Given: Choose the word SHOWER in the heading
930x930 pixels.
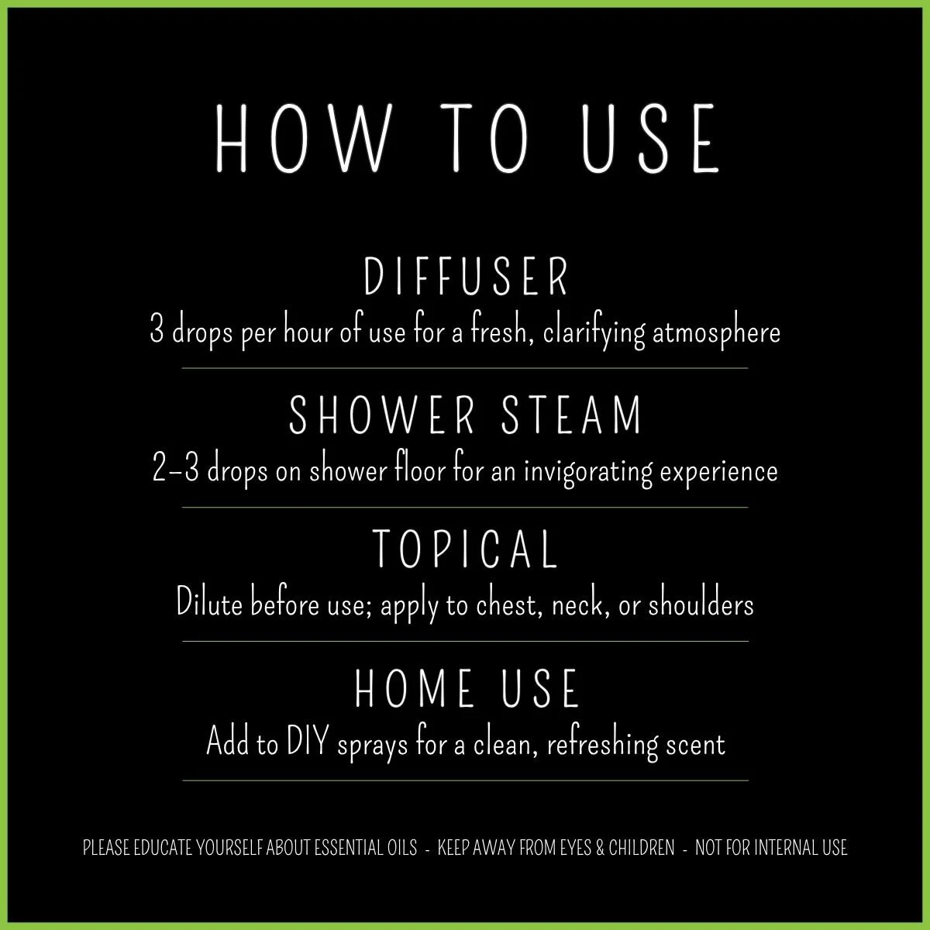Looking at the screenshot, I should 381,415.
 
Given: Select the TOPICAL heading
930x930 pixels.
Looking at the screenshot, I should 466,548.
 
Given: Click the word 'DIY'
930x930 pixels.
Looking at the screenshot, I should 310,744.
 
